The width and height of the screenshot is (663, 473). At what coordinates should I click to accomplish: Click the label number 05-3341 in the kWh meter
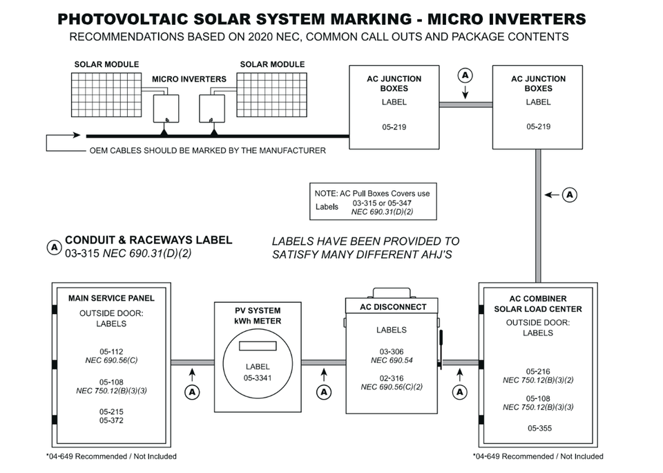pos(257,378)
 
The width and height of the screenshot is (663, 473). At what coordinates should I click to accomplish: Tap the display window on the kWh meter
pos(257,347)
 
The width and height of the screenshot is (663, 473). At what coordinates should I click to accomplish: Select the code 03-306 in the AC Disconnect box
pos(392,351)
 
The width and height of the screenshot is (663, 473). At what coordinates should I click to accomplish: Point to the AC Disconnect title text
pos(393,306)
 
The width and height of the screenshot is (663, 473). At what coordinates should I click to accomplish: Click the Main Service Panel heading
pos(111,298)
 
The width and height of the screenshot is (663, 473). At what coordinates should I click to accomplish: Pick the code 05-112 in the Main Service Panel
pos(111,351)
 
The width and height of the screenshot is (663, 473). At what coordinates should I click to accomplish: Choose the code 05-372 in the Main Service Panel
pos(111,420)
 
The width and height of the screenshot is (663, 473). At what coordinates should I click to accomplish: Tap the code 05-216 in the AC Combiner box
pos(538,371)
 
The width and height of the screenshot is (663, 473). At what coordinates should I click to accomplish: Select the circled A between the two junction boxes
pos(465,74)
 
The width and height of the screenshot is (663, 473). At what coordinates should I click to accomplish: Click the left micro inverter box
pos(166,108)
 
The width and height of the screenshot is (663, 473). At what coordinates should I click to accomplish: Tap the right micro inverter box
pos(211,108)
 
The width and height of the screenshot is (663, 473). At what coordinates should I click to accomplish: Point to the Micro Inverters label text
pos(189,79)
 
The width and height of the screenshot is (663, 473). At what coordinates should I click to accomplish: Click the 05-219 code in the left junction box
pos(393,127)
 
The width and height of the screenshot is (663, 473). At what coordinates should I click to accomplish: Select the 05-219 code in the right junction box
pos(538,127)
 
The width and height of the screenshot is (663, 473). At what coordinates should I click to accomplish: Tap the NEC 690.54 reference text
pos(392,360)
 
